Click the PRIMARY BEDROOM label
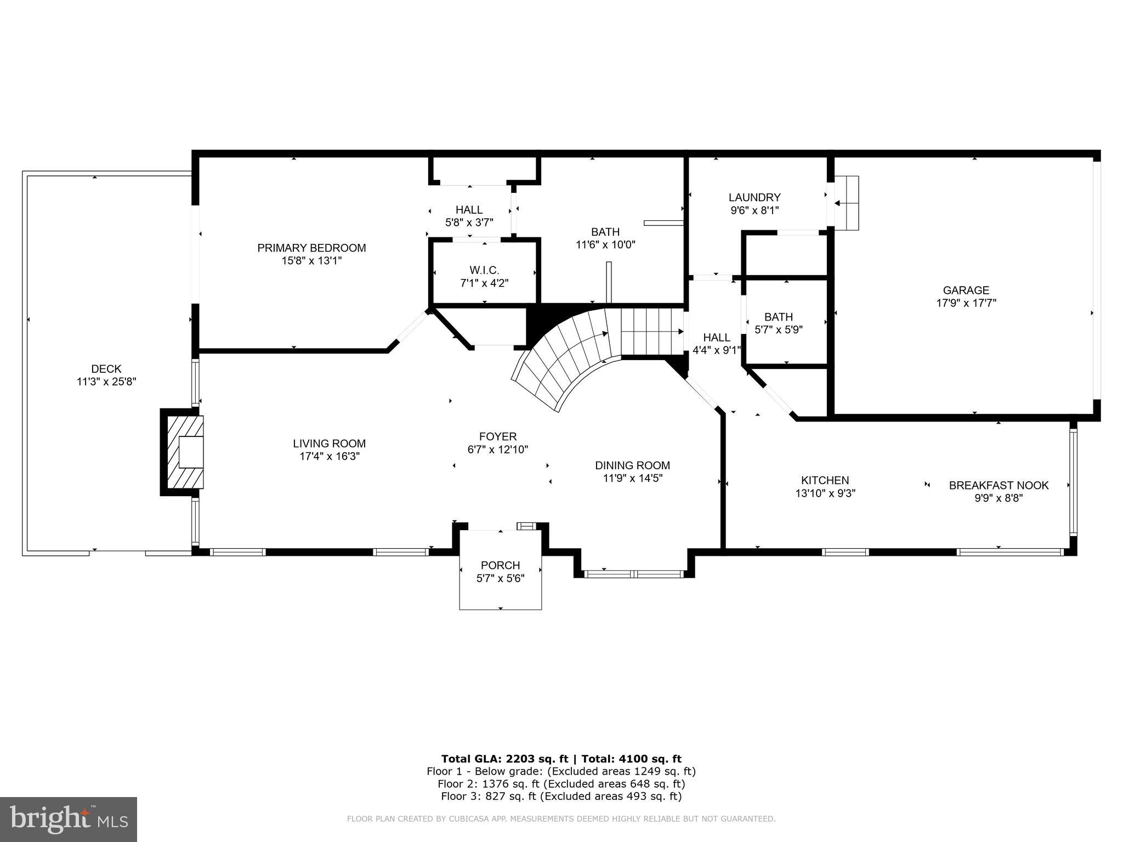pos(311,248)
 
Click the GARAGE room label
pos(966,291)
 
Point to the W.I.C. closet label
pos(484,270)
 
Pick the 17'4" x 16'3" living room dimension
pos(329,456)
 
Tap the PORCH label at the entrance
pos(500,565)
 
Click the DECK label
pos(106,369)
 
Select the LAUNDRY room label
pos(755,197)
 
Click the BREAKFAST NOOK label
pos(999,485)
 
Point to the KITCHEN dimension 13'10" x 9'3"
pos(825,493)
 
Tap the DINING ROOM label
pos(632,465)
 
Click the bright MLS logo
pos(69,819)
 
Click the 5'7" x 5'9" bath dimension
pos(779,330)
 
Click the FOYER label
pos(498,436)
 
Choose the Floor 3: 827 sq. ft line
pos(561,797)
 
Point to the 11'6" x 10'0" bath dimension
pos(605,244)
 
